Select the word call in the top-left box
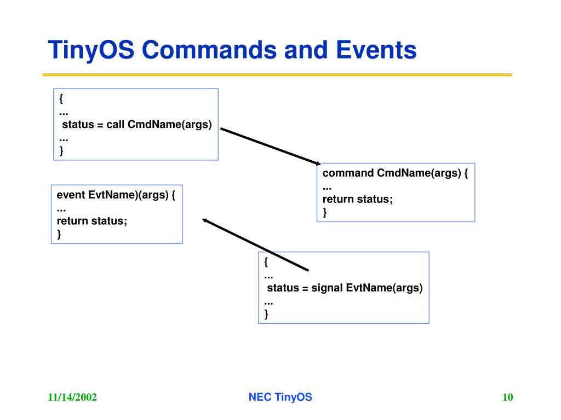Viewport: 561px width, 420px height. [x=116, y=125]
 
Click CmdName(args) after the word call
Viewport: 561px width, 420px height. [x=169, y=125]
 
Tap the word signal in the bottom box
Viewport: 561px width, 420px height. [x=327, y=288]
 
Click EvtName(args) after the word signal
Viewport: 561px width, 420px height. [x=385, y=288]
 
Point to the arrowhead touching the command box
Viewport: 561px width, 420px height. [x=317, y=162]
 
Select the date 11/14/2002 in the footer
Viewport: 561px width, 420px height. [x=72, y=398]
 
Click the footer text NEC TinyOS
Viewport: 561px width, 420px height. [x=280, y=398]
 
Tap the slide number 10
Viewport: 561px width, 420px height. [x=508, y=398]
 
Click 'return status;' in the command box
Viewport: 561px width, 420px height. [x=358, y=200]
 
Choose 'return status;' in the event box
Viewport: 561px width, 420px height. [x=92, y=221]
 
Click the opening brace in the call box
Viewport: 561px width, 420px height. [x=61, y=99]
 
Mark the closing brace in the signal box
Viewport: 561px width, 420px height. [x=266, y=314]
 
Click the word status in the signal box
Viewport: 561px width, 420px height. [x=282, y=288]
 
